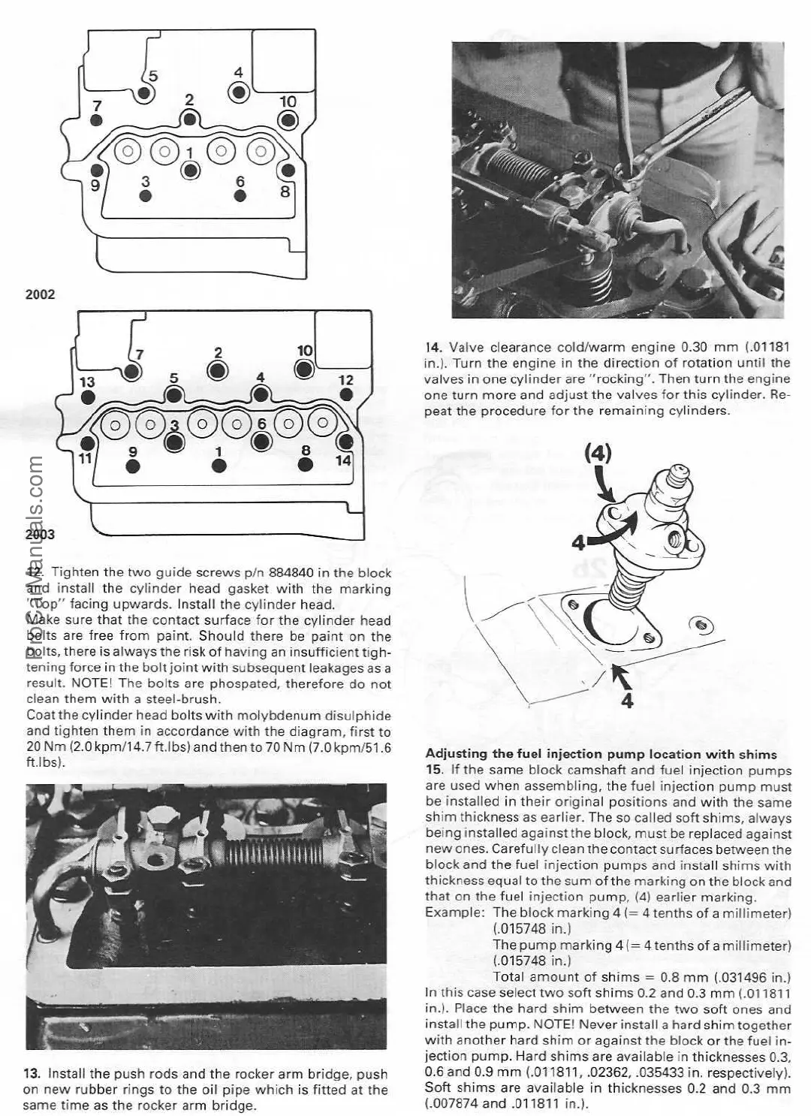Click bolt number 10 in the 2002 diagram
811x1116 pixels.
click(x=288, y=119)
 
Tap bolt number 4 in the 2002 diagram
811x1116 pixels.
click(x=239, y=92)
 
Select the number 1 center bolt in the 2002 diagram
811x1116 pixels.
click(x=191, y=170)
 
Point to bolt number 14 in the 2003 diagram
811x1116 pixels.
click(x=346, y=442)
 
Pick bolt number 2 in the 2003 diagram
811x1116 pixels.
click(x=218, y=369)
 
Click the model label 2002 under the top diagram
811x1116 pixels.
click(x=41, y=294)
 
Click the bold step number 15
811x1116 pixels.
click(x=433, y=770)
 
